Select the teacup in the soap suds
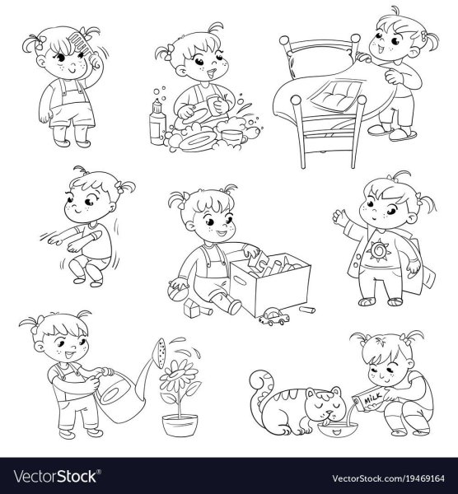[233, 137]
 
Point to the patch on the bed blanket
[337, 96]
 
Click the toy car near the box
[274, 317]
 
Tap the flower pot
[180, 426]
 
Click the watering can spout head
[161, 353]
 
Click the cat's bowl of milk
[337, 429]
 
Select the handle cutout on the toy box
[241, 281]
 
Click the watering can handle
[107, 372]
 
